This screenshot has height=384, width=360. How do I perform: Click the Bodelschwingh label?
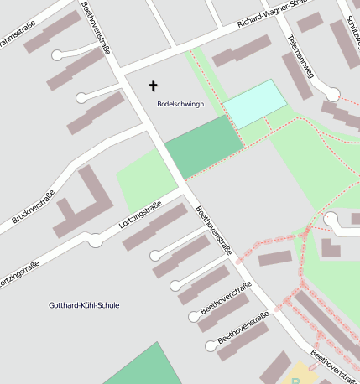pyautogui.click(x=180, y=104)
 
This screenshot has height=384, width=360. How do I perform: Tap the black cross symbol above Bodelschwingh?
pyautogui.click(x=153, y=86)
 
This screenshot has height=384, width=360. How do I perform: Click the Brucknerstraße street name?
pyautogui.click(x=34, y=207)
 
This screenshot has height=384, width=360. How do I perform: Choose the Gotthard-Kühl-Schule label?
pyautogui.click(x=84, y=305)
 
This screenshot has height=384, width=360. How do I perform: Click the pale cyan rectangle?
pyautogui.click(x=255, y=104)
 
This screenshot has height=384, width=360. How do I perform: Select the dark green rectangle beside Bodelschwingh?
pyautogui.click(x=204, y=146)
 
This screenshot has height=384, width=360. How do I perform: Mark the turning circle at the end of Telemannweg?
pyautogui.click(x=333, y=94)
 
